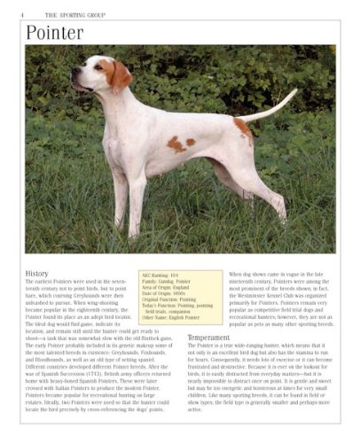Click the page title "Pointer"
54,33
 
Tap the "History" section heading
37,274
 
